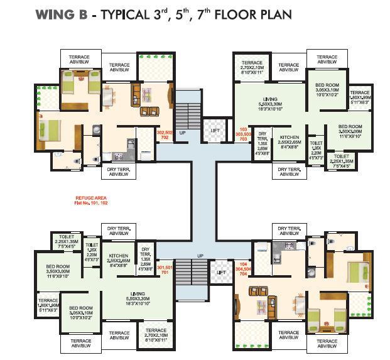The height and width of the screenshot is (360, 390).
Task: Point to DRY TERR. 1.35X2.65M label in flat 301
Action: [x=146, y=256]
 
